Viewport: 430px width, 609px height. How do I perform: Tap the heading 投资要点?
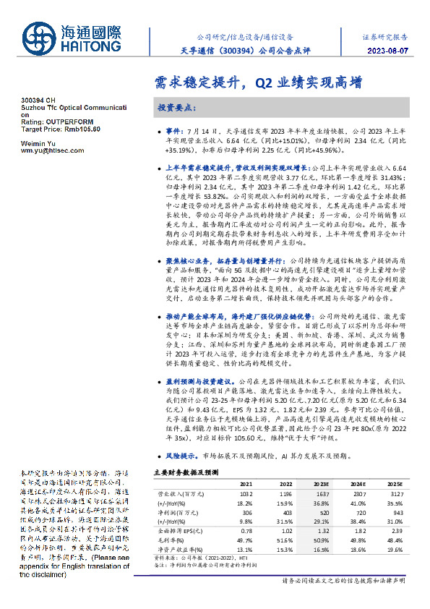click(176, 106)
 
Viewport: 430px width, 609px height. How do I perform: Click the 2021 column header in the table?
click(246, 482)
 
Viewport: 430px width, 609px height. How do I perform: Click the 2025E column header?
click(393, 482)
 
